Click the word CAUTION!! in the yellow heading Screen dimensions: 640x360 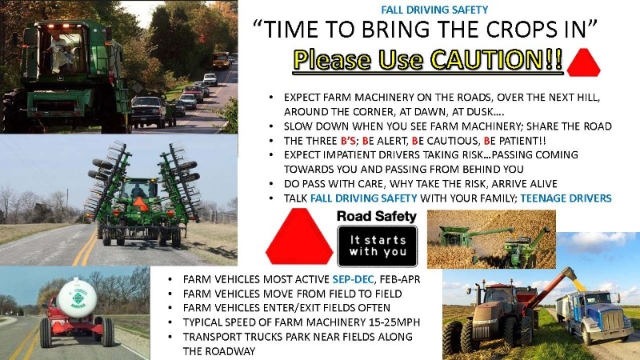[x=497, y=60]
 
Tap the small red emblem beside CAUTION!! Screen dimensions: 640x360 [x=584, y=62]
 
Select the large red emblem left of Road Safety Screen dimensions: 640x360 [x=299, y=236]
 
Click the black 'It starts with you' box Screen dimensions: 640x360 [x=377, y=246]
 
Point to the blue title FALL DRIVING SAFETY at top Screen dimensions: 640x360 [x=434, y=10]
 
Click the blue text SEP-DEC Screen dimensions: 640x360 [x=353, y=279]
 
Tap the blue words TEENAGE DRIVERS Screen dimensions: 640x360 [x=566, y=198]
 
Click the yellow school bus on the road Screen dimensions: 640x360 [x=221, y=60]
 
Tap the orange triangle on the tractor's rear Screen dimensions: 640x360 [x=140, y=203]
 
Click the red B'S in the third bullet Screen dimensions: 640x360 [x=348, y=141]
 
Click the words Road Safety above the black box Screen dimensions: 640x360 [x=376, y=216]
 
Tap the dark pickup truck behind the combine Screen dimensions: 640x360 [x=149, y=111]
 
